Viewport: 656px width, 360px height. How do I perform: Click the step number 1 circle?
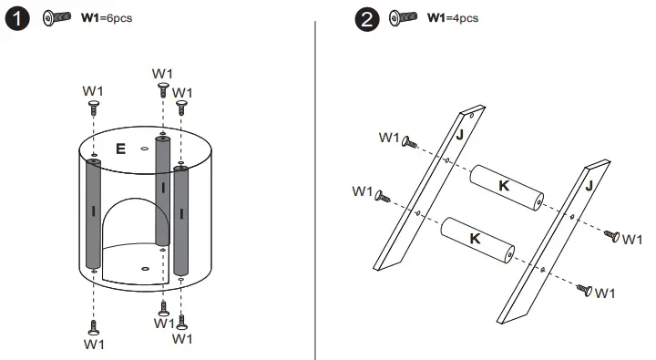[17, 19]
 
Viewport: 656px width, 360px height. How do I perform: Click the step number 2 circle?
[367, 19]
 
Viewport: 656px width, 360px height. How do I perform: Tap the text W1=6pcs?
[107, 18]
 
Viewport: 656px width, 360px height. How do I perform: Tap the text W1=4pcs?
[453, 18]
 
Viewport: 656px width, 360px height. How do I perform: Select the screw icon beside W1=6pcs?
[56, 17]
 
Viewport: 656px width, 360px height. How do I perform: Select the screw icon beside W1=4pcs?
[403, 17]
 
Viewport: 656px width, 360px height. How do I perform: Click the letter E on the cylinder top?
[120, 149]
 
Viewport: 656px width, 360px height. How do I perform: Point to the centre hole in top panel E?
[145, 149]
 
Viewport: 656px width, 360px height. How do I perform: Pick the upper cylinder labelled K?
[507, 188]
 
